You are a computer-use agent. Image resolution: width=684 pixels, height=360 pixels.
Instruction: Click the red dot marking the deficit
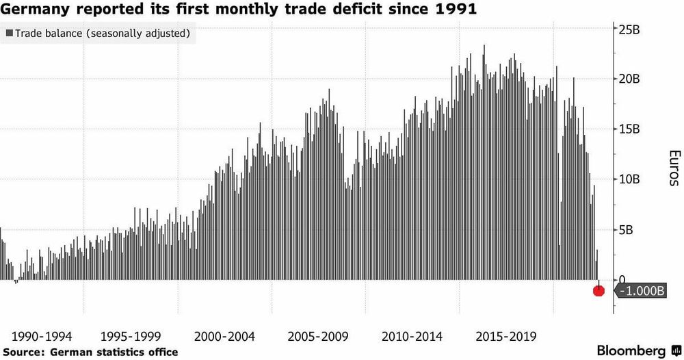tap(599, 291)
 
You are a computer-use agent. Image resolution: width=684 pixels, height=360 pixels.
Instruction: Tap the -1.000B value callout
tap(640, 291)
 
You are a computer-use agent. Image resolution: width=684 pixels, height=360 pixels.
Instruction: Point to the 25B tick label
tap(629, 29)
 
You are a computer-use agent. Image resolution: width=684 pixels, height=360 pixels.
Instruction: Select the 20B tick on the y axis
tap(629, 79)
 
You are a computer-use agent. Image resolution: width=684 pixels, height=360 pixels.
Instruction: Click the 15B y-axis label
tap(629, 129)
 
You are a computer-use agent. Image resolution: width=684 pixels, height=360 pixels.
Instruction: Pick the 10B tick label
tap(629, 179)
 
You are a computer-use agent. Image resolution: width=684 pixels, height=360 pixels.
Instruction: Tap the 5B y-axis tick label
tap(626, 230)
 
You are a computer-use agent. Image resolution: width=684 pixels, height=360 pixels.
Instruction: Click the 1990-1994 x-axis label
tap(42, 337)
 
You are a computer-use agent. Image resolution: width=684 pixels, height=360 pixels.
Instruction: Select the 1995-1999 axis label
tap(131, 337)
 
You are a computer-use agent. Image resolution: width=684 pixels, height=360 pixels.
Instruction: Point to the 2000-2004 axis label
tap(224, 337)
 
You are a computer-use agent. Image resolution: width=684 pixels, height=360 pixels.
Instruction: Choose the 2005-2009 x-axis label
tap(318, 337)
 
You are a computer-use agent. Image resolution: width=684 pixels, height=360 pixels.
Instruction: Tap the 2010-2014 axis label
tap(412, 337)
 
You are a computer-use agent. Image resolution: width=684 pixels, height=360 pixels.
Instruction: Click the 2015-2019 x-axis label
tap(505, 337)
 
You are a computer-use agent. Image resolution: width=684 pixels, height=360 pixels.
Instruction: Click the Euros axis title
tap(674, 168)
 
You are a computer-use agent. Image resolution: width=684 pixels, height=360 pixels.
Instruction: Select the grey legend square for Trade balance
tap(9, 33)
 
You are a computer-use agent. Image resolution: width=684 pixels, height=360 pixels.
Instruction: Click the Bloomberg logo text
tap(631, 350)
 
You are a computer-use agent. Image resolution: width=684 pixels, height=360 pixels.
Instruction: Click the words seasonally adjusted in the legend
tap(138, 34)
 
